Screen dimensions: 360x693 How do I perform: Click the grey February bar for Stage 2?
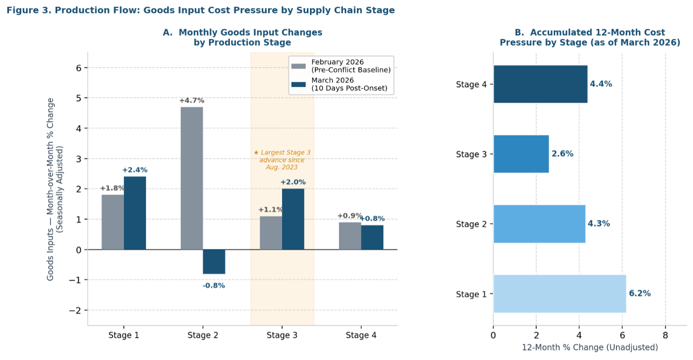(192, 178)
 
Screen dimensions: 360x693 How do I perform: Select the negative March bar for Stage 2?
(214, 261)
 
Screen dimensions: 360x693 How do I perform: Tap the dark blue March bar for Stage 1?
(135, 213)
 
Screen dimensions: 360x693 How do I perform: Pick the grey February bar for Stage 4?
(350, 236)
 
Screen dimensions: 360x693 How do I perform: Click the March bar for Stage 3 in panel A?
(293, 219)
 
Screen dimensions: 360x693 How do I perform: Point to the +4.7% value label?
(191, 100)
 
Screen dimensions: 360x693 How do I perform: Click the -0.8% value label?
(214, 285)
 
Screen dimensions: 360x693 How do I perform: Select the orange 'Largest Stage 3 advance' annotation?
(282, 160)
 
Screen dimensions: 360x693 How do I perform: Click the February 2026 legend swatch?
(299, 66)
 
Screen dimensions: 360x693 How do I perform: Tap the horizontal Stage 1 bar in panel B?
(559, 293)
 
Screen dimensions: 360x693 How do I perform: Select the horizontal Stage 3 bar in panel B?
(521, 154)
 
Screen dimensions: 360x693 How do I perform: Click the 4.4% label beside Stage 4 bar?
(601, 84)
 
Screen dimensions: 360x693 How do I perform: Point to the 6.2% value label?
(639, 293)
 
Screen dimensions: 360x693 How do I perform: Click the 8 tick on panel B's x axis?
(665, 335)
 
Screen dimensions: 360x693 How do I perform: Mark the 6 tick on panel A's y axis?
(78, 68)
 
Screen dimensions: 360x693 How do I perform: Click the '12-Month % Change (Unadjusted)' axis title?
(589, 347)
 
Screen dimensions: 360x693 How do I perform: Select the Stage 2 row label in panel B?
(471, 224)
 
